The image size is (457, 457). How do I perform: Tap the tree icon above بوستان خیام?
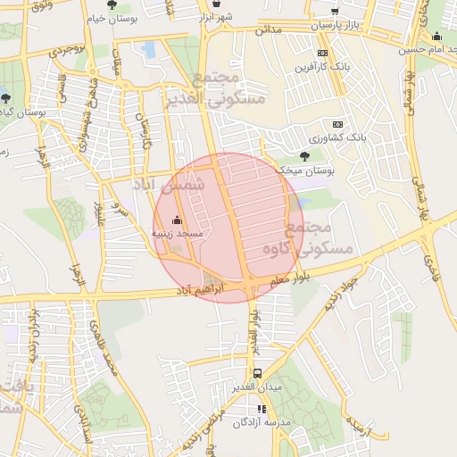112,4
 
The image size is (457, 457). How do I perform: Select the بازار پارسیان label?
337,26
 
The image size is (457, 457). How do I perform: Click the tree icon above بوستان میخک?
305,155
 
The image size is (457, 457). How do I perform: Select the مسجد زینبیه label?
178,234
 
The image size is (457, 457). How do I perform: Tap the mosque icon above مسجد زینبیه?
177,220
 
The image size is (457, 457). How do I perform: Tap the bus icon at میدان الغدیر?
257,373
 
